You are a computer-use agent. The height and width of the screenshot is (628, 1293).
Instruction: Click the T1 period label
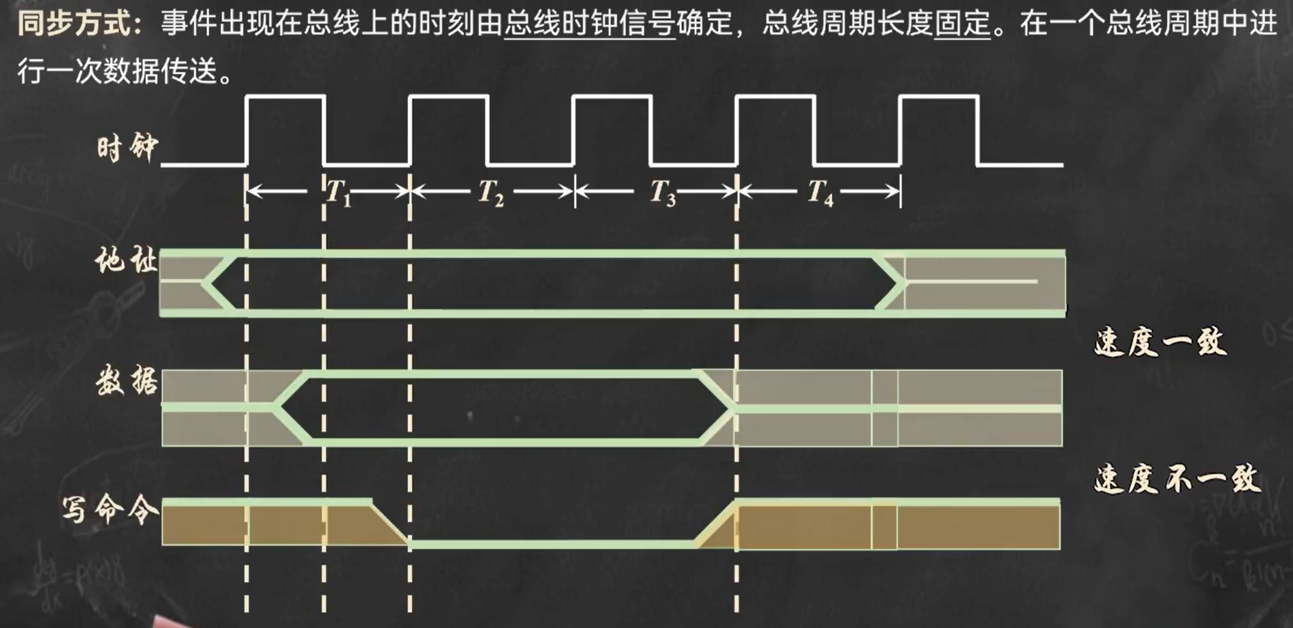[x=338, y=192]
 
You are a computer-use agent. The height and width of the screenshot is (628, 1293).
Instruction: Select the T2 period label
[x=491, y=192]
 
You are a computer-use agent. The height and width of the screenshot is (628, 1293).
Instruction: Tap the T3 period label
[x=662, y=192]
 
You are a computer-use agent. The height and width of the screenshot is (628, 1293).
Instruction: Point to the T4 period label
[x=820, y=192]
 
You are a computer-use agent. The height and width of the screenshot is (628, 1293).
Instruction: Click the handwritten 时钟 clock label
[x=128, y=148]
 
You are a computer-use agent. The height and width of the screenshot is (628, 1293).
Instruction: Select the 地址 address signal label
[x=126, y=261]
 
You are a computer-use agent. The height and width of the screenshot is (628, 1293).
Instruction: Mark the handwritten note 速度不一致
[x=1177, y=479]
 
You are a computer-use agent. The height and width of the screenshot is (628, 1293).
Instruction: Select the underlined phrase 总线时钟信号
[x=590, y=22]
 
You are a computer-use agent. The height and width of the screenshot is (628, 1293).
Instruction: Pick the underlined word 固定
[x=962, y=22]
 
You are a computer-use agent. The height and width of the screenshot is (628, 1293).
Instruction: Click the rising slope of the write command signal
[x=715, y=525]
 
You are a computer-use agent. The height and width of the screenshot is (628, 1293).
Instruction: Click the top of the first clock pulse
[x=286, y=96]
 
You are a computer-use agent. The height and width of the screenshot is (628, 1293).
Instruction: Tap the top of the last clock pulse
[x=939, y=96]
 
